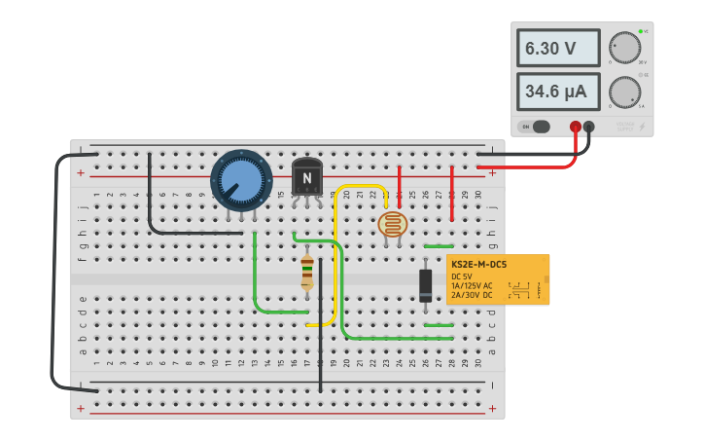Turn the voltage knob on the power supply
[x=624, y=48]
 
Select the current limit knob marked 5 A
[x=624, y=92]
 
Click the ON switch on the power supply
[x=535, y=127]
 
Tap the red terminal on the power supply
[x=576, y=127]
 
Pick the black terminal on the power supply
[x=589, y=127]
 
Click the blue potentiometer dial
[x=241, y=180]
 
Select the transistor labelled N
[x=307, y=178]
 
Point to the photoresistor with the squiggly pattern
[x=392, y=225]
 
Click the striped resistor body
[x=307, y=273]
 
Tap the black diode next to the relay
[x=426, y=285]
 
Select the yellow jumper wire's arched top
[x=360, y=186]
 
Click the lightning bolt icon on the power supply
[x=640, y=127]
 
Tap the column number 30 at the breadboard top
[x=477, y=195]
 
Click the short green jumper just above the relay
[x=439, y=246]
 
